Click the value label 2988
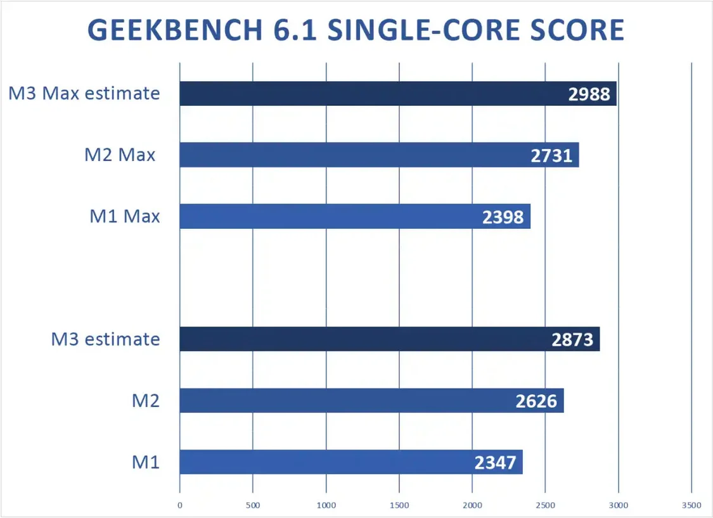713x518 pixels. click(x=589, y=94)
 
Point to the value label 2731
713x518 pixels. click(x=551, y=155)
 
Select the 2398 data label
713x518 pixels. click(x=503, y=217)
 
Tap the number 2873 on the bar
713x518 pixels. click(x=572, y=340)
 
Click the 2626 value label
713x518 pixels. click(x=536, y=401)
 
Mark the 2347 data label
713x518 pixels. click(x=495, y=462)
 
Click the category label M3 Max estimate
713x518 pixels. click(x=84, y=94)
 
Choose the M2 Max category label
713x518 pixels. click(x=120, y=155)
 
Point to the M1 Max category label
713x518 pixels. click(x=124, y=216)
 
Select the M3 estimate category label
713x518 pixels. click(x=106, y=339)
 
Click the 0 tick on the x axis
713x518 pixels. click(x=180, y=505)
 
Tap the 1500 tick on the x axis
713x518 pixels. click(x=399, y=505)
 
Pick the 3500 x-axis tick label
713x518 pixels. click(x=691, y=505)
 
